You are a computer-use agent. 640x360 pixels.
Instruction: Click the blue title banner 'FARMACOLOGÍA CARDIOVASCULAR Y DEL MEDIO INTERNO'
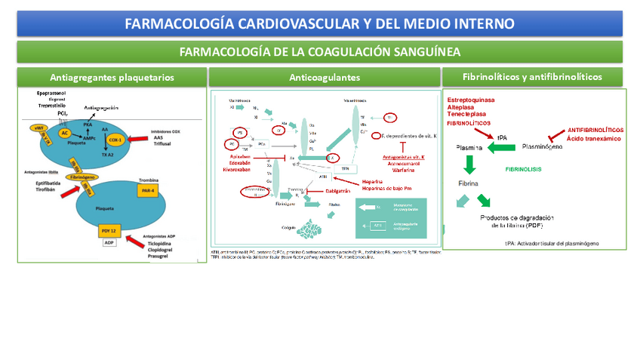[x=319, y=23]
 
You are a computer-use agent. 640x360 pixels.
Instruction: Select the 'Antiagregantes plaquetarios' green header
[x=112, y=77]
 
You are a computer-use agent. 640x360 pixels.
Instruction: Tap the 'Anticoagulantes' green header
[x=325, y=77]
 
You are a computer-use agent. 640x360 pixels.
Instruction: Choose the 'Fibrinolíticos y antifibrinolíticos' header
[x=532, y=77]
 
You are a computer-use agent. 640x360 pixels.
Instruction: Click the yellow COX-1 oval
[x=115, y=140]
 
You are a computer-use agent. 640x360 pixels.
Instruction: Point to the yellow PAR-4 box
[x=148, y=192]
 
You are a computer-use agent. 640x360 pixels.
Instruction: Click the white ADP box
[x=109, y=243]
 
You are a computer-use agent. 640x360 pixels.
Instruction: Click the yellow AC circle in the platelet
[x=66, y=133]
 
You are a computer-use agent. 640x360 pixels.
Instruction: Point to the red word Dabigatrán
[x=343, y=191]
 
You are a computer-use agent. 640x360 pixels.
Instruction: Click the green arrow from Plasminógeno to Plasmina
[x=502, y=148]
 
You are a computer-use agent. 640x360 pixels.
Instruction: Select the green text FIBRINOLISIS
[x=527, y=170]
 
